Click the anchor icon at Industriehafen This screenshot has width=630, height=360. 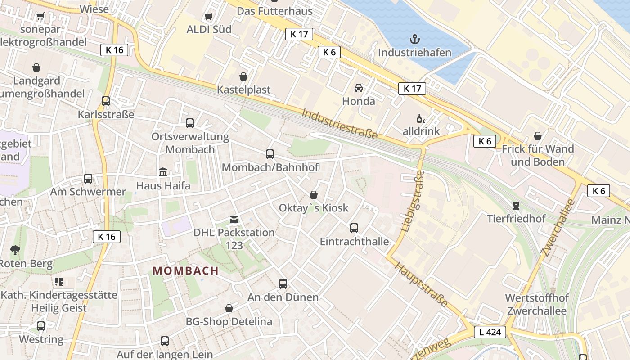414,39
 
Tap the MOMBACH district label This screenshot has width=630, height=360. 185,271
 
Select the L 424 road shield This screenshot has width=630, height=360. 490,333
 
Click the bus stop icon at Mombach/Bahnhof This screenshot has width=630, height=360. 270,154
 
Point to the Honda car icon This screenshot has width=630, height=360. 359,88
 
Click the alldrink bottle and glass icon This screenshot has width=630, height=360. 421,119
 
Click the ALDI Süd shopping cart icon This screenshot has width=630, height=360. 208,17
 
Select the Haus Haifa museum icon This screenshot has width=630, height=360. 163,172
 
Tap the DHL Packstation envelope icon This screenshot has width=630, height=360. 234,220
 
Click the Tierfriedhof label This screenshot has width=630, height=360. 516,219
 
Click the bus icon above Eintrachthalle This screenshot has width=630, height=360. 354,228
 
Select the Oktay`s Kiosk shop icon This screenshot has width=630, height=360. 314,195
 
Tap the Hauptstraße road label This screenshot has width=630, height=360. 422,284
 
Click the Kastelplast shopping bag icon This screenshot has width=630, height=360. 243,76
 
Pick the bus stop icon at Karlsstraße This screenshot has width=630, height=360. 106,101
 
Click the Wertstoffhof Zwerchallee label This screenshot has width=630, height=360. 537,304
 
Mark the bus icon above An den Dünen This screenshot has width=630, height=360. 283,284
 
